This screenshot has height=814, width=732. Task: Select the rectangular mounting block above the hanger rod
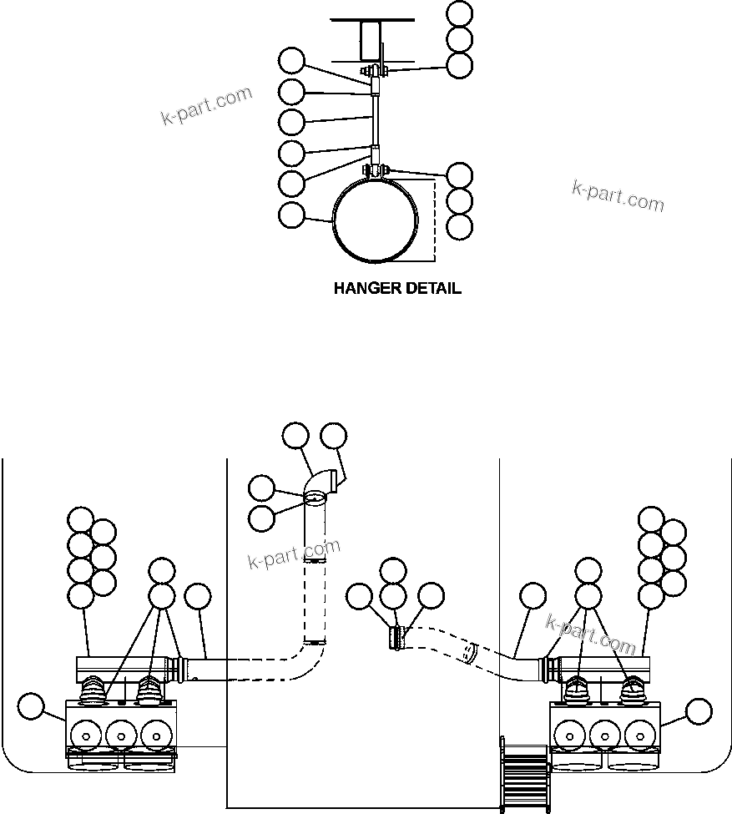pyautogui.click(x=372, y=40)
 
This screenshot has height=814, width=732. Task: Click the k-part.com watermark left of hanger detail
pyautogui.click(x=206, y=104)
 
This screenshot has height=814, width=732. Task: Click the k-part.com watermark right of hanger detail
pyautogui.click(x=618, y=196)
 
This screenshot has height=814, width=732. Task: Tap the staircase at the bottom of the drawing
pyautogui.click(x=523, y=772)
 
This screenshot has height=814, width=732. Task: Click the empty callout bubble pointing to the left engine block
pyautogui.click(x=32, y=706)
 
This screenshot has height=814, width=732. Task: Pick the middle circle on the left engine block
pyautogui.click(x=122, y=736)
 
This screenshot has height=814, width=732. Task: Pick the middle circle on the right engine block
pyautogui.click(x=603, y=736)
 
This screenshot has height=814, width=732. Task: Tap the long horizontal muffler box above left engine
pyautogui.click(x=125, y=668)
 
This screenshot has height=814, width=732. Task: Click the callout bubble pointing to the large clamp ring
pyautogui.click(x=291, y=215)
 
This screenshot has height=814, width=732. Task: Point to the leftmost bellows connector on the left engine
pyautogui.click(x=95, y=686)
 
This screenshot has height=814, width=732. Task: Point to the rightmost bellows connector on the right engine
pyautogui.click(x=632, y=688)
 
